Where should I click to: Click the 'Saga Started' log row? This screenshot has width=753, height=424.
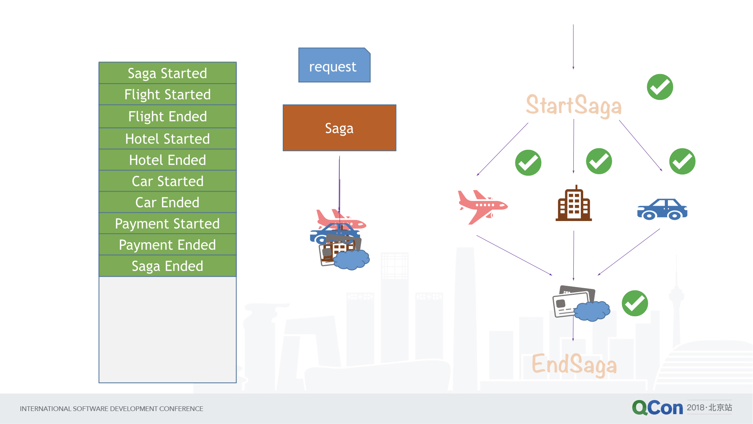click(167, 73)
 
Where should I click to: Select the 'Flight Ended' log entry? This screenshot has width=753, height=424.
click(167, 117)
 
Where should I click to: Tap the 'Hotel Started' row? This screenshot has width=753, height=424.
click(167, 139)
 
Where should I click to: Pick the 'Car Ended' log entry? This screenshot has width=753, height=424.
click(167, 202)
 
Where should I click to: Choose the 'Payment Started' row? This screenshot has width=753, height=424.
click(167, 223)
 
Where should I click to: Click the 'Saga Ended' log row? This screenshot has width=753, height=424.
click(167, 266)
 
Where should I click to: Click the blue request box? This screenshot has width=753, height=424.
click(334, 65)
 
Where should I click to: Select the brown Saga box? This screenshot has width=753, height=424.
click(340, 128)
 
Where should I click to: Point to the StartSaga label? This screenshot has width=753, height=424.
click(574, 106)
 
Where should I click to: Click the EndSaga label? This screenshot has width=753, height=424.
click(574, 364)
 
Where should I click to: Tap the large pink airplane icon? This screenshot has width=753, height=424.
click(483, 207)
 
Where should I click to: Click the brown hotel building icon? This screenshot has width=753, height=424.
click(574, 203)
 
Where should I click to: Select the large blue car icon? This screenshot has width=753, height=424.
click(662, 209)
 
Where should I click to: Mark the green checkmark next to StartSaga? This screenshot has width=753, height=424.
click(660, 87)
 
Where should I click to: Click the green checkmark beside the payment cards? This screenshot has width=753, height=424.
click(635, 303)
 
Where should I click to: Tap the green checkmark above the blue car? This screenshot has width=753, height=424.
click(682, 161)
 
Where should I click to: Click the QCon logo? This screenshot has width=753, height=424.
click(658, 408)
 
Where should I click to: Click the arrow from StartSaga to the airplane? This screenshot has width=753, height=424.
click(502, 149)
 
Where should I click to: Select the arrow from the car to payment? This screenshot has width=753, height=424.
click(629, 252)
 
